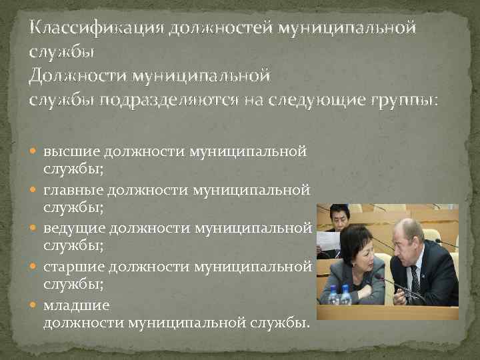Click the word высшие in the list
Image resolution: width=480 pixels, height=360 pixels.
pyautogui.click(x=69, y=151)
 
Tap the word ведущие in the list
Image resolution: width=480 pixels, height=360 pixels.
pyautogui.click(x=73, y=229)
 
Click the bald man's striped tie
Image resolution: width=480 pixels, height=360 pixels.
pyautogui.click(x=415, y=280)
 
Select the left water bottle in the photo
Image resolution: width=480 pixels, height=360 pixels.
pyautogui.click(x=333, y=295)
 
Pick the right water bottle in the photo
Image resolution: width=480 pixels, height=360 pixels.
pyautogui.click(x=345, y=295)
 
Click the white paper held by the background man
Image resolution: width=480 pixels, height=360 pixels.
pyautogui.click(x=327, y=240)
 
